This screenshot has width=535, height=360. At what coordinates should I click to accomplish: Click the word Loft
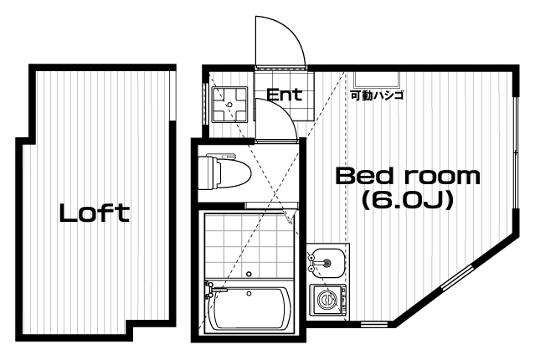click(x=94, y=213)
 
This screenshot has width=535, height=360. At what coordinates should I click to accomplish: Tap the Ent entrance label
click(x=284, y=95)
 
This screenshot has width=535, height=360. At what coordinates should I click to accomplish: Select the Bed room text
click(x=408, y=176)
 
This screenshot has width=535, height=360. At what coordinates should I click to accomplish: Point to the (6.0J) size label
click(x=408, y=199)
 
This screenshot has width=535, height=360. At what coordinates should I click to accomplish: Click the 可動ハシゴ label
click(x=378, y=95)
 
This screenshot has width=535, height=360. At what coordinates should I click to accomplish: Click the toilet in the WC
click(x=224, y=172)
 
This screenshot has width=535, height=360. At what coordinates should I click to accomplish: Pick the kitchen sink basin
click(x=327, y=263)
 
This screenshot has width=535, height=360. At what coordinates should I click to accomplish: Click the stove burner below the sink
click(x=327, y=299)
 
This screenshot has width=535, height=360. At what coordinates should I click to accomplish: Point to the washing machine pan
click(x=229, y=105)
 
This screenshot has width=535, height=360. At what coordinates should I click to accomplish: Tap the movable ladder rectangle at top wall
click(x=377, y=80)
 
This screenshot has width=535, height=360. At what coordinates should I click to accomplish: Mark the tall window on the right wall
click(x=516, y=152)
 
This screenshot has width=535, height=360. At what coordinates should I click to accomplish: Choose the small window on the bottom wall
click(x=374, y=323)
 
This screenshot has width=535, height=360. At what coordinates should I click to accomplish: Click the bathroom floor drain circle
click(x=249, y=274)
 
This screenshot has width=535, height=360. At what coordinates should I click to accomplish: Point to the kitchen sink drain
click(x=327, y=263)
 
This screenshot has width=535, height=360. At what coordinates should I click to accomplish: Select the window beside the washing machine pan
click(x=205, y=105)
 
